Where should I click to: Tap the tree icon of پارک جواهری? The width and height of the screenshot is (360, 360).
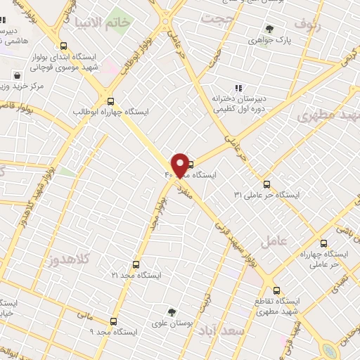click(269, 29)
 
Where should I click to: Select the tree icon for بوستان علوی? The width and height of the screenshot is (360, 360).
click(171, 311)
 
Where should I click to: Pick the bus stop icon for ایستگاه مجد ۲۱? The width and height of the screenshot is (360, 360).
click(136, 265)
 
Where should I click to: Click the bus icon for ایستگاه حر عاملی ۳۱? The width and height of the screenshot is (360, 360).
click(265, 184)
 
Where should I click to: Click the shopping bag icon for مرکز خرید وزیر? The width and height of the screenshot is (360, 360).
click(17, 75)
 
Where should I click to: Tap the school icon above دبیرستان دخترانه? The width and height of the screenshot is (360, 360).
click(238, 88)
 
